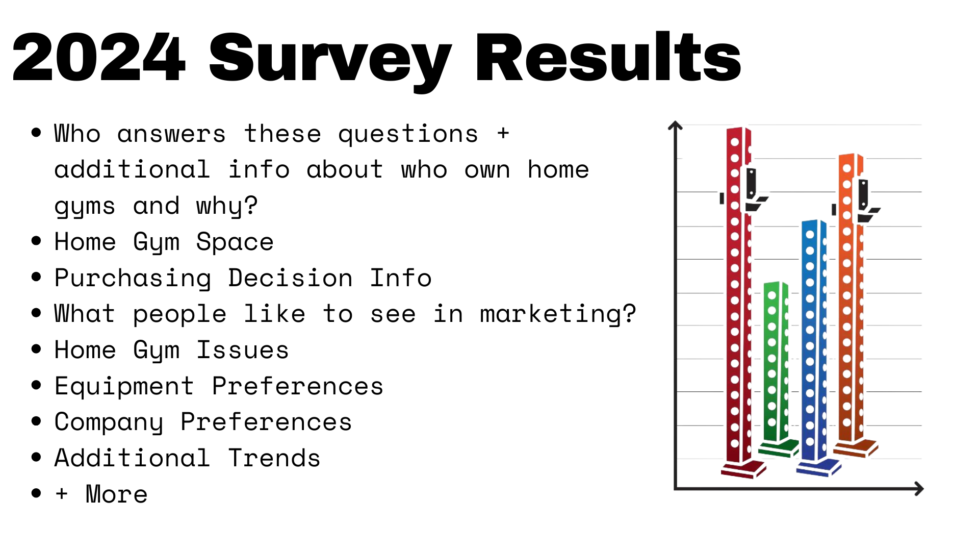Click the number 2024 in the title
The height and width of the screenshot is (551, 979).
pos(98,57)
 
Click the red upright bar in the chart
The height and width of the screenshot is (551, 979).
pos(739,301)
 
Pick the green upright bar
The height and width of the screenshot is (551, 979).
pos(776,367)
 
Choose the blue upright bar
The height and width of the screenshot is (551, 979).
pos(814,347)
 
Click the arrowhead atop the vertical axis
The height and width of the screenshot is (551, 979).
pos(675,125)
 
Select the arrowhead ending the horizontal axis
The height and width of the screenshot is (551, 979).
pos(919,489)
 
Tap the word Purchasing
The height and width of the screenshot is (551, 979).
pos(133,279)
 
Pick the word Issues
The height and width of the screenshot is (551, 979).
pos(243,350)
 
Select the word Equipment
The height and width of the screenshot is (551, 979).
pos(124,387)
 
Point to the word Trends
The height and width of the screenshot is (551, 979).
pos(274,458)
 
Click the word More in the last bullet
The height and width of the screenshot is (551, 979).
pos(117,494)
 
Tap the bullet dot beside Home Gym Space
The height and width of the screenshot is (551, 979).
pos(36,241)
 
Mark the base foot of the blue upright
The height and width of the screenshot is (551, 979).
pos(818,467)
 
